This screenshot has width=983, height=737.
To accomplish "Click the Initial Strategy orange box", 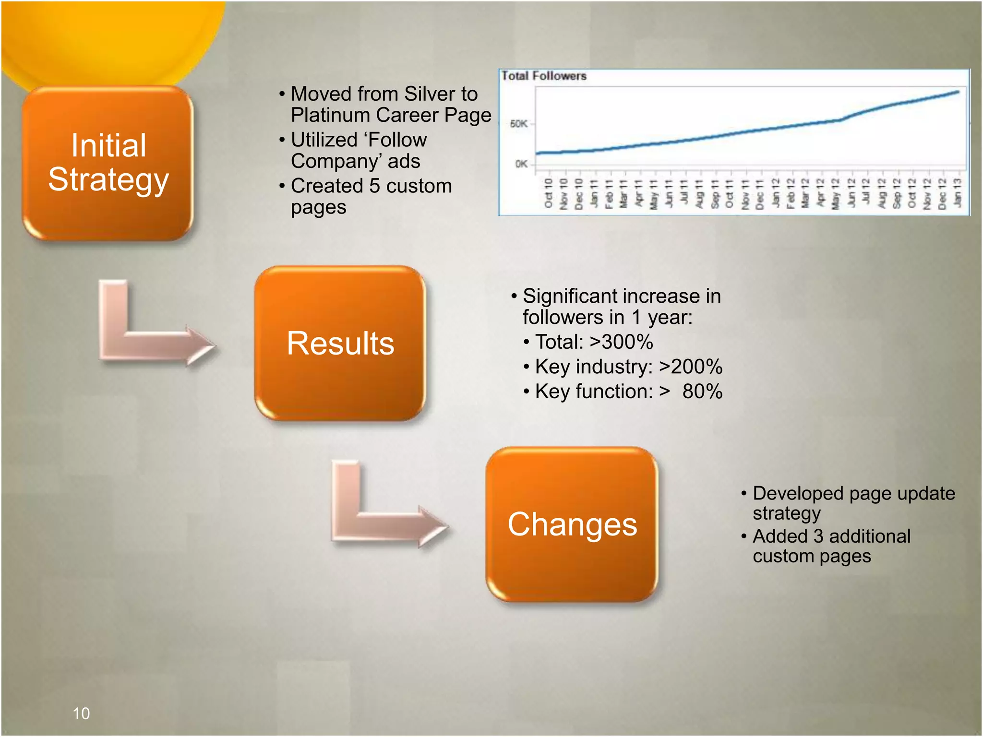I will (108, 163).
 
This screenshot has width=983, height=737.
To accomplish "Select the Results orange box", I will (340, 344).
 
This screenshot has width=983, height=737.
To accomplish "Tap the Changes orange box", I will (572, 524).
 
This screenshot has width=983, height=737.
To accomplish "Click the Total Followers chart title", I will (544, 76).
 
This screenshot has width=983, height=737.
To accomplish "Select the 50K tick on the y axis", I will (519, 124).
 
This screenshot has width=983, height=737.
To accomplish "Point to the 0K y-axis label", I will (521, 164).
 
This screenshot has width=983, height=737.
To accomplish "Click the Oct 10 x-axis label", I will (549, 193).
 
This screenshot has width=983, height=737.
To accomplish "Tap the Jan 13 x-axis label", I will (957, 193).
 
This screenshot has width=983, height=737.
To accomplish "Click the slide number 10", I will (81, 713).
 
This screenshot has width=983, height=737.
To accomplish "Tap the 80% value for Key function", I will (702, 392).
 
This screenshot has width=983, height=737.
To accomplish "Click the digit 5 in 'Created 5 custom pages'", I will (374, 186).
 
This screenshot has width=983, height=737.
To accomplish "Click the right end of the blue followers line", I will (958, 92).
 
